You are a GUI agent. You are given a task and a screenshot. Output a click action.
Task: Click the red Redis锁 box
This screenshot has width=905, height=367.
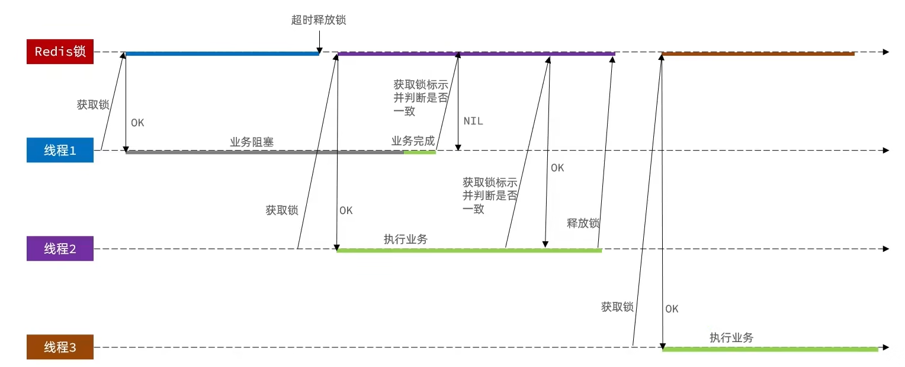60,52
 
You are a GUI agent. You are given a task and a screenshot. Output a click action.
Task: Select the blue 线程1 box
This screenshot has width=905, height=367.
60,151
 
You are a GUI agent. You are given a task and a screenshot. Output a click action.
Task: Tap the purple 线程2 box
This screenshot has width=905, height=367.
60,249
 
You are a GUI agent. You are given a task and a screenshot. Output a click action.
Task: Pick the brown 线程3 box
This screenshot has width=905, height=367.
60,347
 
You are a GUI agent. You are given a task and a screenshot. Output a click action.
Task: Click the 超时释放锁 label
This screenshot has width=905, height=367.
319,20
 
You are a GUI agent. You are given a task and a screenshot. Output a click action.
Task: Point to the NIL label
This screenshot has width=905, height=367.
473,121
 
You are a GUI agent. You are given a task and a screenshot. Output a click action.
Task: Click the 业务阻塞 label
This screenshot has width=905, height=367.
252,142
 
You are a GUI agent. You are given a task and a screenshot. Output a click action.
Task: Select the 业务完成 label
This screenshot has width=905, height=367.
413,142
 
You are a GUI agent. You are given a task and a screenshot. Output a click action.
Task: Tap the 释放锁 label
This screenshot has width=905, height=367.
583,224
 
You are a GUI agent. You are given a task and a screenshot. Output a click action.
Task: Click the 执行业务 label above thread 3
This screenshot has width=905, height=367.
731,338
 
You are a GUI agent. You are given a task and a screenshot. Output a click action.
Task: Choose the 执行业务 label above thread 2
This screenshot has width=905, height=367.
406,240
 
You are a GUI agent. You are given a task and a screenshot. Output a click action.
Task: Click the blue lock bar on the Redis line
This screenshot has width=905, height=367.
222,54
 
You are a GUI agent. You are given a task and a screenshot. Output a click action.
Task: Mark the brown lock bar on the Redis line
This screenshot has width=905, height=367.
758,54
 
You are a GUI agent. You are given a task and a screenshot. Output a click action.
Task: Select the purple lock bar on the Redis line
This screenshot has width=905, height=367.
476,54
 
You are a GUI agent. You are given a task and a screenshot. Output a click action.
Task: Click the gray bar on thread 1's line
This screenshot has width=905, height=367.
265,152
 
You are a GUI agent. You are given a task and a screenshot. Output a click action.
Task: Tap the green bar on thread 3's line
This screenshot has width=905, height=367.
770,350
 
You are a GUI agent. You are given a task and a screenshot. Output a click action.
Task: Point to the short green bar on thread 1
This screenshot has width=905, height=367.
419,152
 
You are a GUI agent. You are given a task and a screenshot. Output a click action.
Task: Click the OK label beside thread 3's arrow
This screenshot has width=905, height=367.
672,309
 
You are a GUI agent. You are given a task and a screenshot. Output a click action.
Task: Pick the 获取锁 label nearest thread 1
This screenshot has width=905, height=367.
93,105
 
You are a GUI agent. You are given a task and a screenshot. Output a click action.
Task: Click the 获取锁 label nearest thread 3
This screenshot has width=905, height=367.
617,307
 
